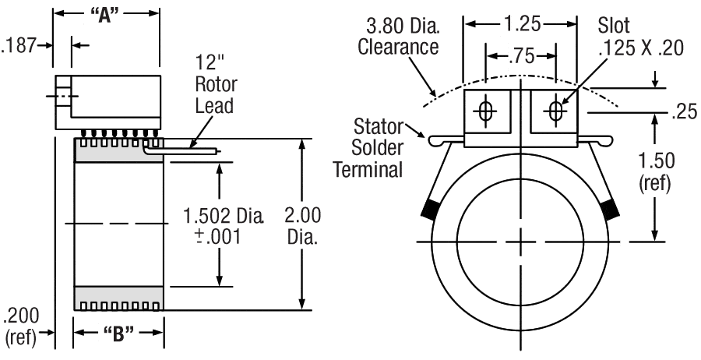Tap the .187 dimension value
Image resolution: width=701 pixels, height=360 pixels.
tap(19, 46)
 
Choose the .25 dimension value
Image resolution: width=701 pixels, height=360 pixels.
tap(682, 112)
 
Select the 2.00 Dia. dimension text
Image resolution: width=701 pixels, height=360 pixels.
tap(301, 225)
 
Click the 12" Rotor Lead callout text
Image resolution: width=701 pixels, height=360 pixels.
tap(217, 85)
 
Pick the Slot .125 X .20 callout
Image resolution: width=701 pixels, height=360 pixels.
tap(639, 37)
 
